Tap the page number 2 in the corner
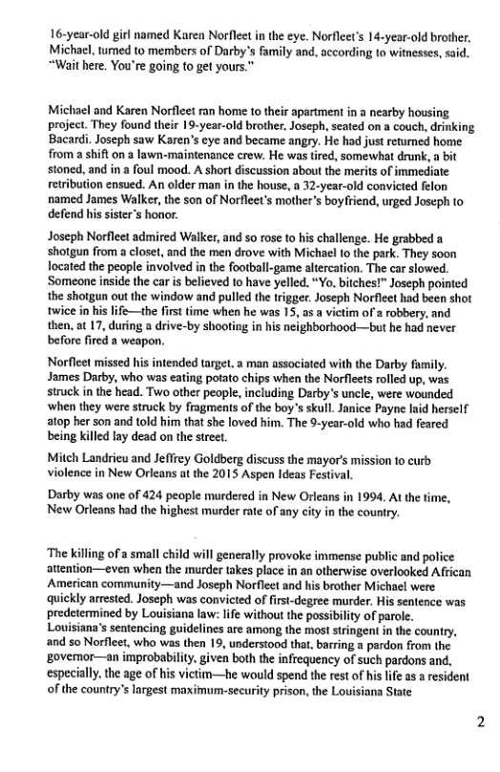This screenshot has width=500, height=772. tap(480, 749)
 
